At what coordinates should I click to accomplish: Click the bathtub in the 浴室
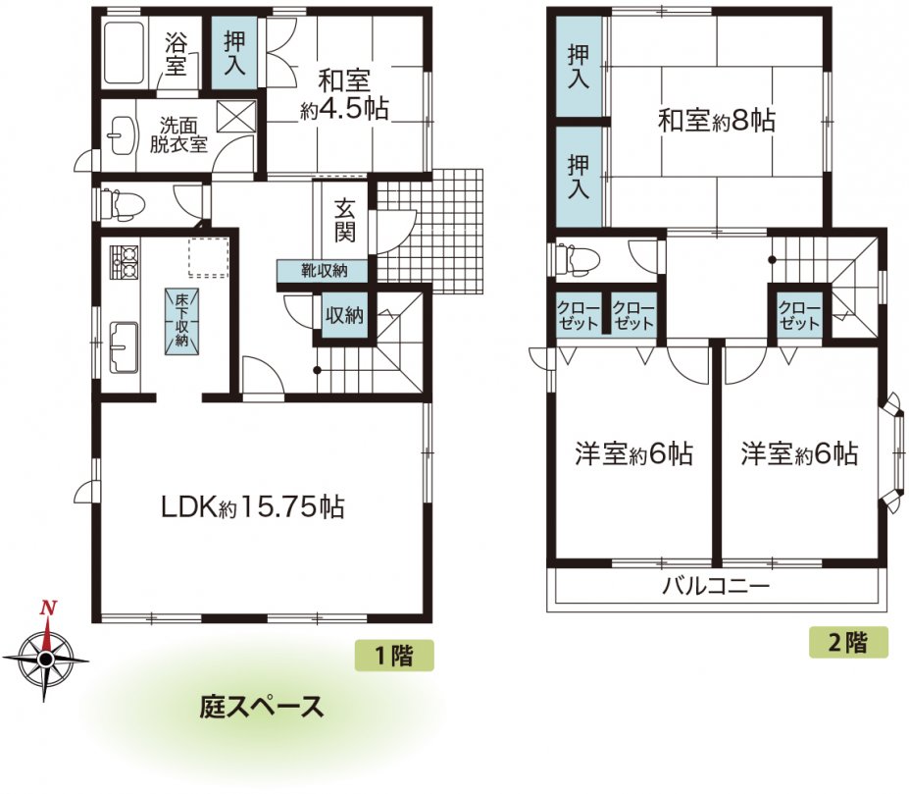124,53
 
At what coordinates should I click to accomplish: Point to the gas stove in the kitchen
125,262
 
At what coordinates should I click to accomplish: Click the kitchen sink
125,347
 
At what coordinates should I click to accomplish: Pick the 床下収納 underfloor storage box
182,322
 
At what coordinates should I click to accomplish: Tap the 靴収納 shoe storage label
324,270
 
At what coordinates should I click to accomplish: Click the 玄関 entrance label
344,220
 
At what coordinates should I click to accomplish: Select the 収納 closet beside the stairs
344,315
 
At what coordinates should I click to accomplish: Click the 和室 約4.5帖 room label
344,94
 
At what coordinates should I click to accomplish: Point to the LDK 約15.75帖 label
253,507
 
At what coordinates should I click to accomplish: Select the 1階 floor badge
394,656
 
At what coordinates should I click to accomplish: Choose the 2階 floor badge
848,642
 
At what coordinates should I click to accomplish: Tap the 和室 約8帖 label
717,120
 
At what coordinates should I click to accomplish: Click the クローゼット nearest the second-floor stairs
799,316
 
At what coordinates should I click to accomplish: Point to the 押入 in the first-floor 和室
234,53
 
